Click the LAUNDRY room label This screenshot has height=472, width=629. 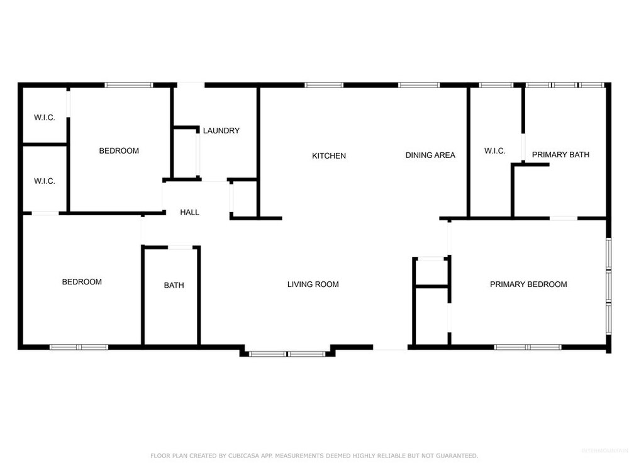(221, 130)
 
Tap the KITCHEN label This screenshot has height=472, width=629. (329, 155)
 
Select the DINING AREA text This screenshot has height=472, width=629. (430, 155)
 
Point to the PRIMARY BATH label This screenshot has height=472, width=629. (560, 155)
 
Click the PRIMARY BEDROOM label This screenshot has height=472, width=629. (528, 284)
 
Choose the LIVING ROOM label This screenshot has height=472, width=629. (313, 284)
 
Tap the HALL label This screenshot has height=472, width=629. (190, 212)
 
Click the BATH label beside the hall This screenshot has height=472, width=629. (174, 285)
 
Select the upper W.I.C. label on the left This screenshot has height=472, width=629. (45, 118)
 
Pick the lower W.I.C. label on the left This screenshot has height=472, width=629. (45, 181)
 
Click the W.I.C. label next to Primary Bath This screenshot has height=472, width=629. (494, 151)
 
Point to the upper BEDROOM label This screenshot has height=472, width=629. (119, 150)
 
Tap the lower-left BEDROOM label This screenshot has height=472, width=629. (82, 282)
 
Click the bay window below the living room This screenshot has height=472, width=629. (287, 354)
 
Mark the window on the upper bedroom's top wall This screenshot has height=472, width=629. (129, 85)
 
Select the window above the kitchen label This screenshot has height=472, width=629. (324, 85)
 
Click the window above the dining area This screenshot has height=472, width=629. (419, 85)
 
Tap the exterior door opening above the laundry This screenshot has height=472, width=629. (191, 85)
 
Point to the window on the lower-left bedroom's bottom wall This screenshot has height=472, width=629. (79, 347)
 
